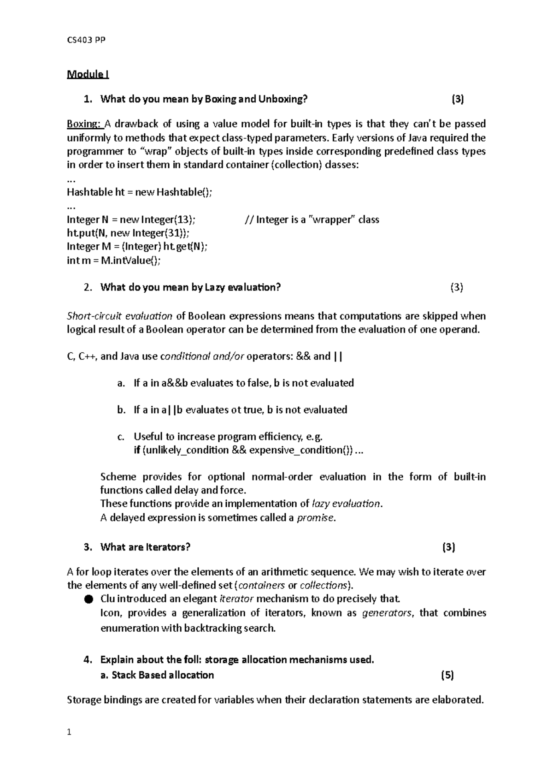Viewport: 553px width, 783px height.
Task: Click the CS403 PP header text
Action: [86, 40]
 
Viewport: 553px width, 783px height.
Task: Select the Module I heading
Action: [88, 74]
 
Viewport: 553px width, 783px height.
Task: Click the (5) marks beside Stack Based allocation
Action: [447, 675]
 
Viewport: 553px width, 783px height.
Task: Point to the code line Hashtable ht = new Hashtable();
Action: [140, 192]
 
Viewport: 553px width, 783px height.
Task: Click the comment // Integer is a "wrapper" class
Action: [312, 219]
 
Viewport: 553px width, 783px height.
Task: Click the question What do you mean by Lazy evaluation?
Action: [190, 287]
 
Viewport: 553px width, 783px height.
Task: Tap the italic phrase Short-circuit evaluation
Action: [119, 316]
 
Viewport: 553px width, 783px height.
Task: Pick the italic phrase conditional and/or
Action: [202, 356]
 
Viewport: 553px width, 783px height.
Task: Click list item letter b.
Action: [121, 410]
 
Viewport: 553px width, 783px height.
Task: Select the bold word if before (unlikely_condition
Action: [136, 450]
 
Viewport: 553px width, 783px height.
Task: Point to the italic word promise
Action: [315, 517]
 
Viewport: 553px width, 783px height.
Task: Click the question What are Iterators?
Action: [145, 547]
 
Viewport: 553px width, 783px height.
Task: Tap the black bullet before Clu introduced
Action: [88, 599]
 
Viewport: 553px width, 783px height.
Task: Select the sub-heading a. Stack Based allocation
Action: [157, 675]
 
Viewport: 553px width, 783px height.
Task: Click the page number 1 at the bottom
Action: [69, 732]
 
